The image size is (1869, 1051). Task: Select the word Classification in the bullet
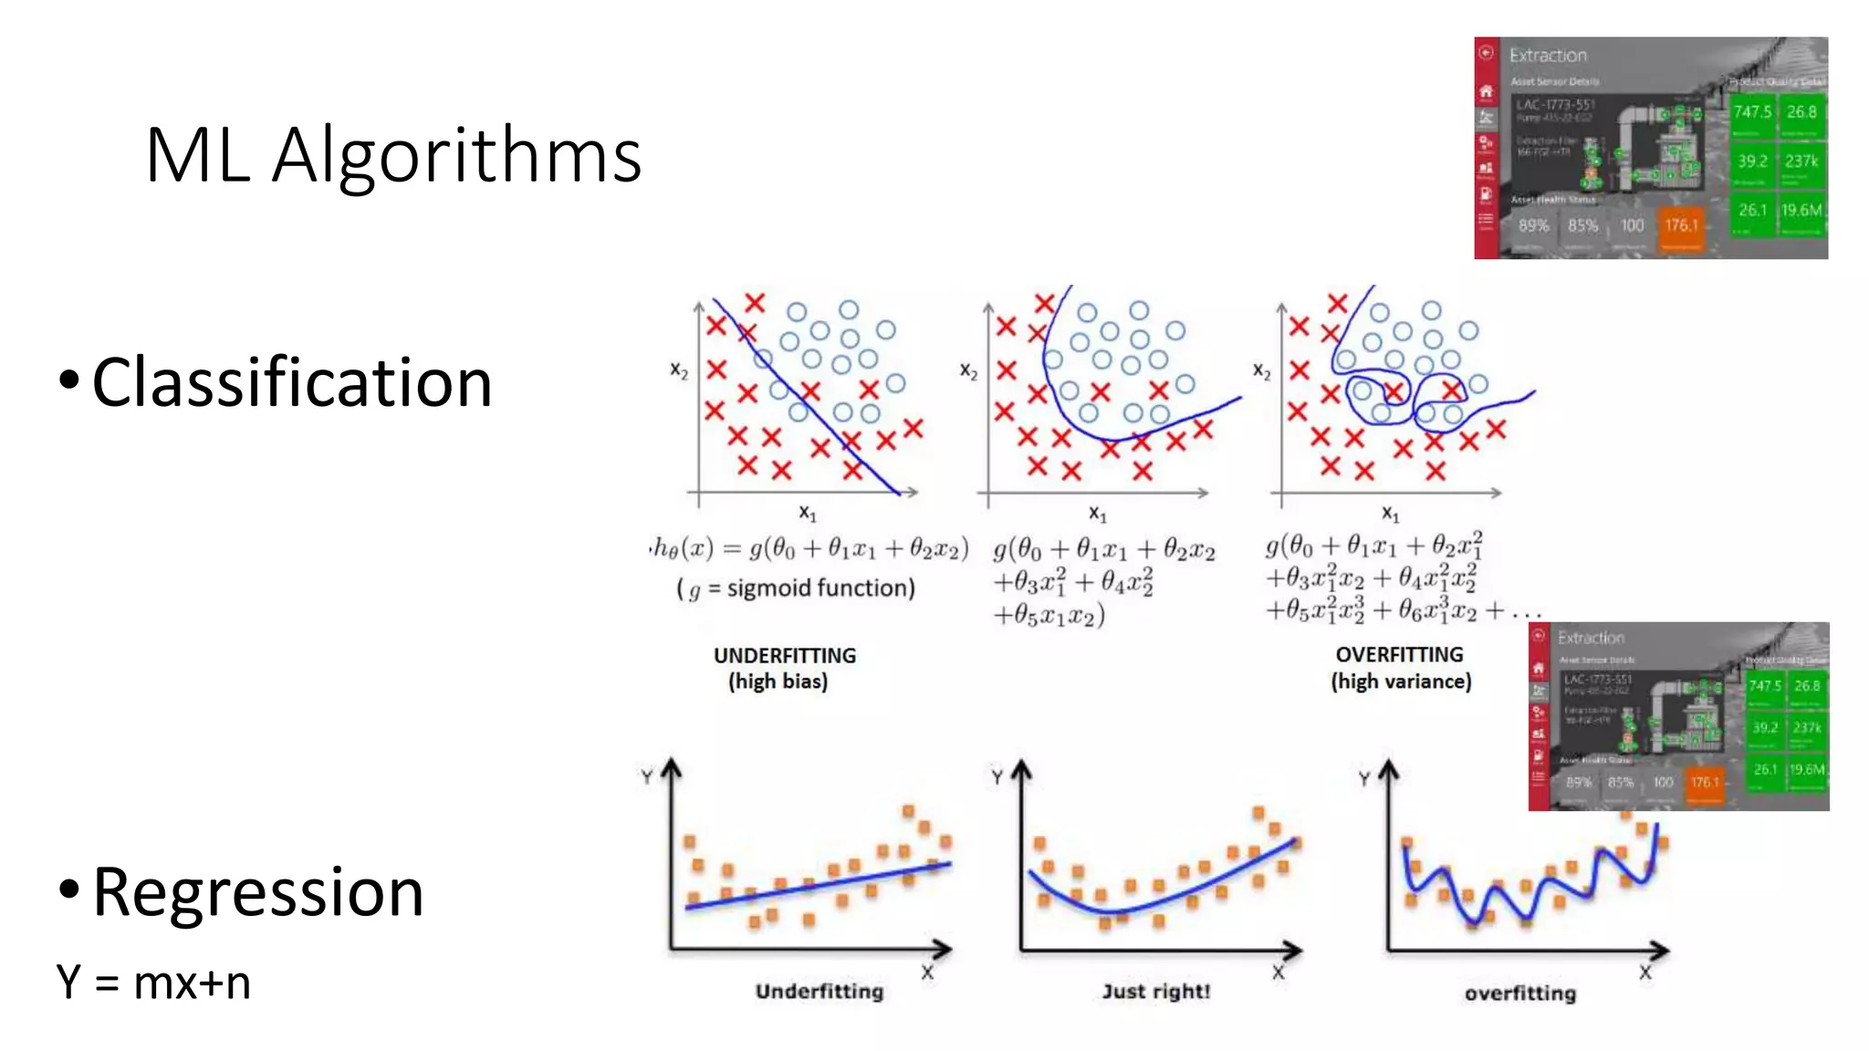pyautogui.click(x=292, y=382)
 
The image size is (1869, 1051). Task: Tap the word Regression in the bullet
pyautogui.click(x=258, y=892)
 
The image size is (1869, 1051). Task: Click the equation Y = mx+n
pyautogui.click(x=153, y=983)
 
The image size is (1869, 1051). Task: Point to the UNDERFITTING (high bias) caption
pyautogui.click(x=784, y=668)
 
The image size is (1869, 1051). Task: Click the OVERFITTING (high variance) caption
pyautogui.click(x=1401, y=668)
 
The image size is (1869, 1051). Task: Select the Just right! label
pyautogui.click(x=1155, y=991)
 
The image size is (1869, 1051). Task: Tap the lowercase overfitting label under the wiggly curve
pyautogui.click(x=1520, y=993)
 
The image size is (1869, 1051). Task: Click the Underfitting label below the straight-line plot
pyautogui.click(x=820, y=991)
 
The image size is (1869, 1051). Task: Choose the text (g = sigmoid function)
pyautogui.click(x=795, y=588)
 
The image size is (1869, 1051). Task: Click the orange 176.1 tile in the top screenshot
pyautogui.click(x=1681, y=225)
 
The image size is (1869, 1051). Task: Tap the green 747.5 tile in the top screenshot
pyautogui.click(x=1752, y=112)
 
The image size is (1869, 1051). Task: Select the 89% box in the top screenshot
pyautogui.click(x=1533, y=225)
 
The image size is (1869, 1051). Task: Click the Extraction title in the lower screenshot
pyautogui.click(x=1591, y=638)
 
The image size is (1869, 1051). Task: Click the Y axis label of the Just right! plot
pyautogui.click(x=997, y=777)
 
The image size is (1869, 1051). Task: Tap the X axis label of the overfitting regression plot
pyautogui.click(x=1645, y=973)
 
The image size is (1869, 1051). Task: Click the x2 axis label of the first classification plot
pyautogui.click(x=679, y=369)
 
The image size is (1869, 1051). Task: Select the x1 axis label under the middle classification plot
pyautogui.click(x=1097, y=514)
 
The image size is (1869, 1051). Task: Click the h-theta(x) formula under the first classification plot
pyautogui.click(x=809, y=549)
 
